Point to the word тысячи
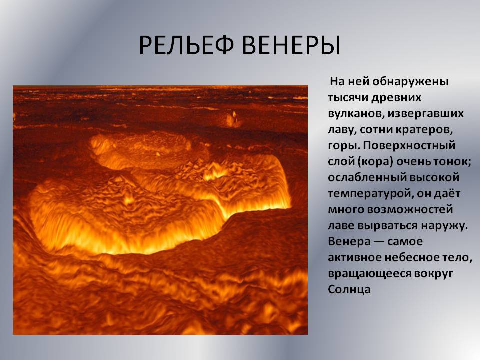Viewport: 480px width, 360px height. [348, 98]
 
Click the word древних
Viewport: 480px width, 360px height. [396, 98]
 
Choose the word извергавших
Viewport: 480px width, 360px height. [426, 114]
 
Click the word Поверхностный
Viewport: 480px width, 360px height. [409, 146]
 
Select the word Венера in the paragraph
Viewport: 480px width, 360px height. [349, 242]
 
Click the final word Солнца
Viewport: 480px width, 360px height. [349, 289]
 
